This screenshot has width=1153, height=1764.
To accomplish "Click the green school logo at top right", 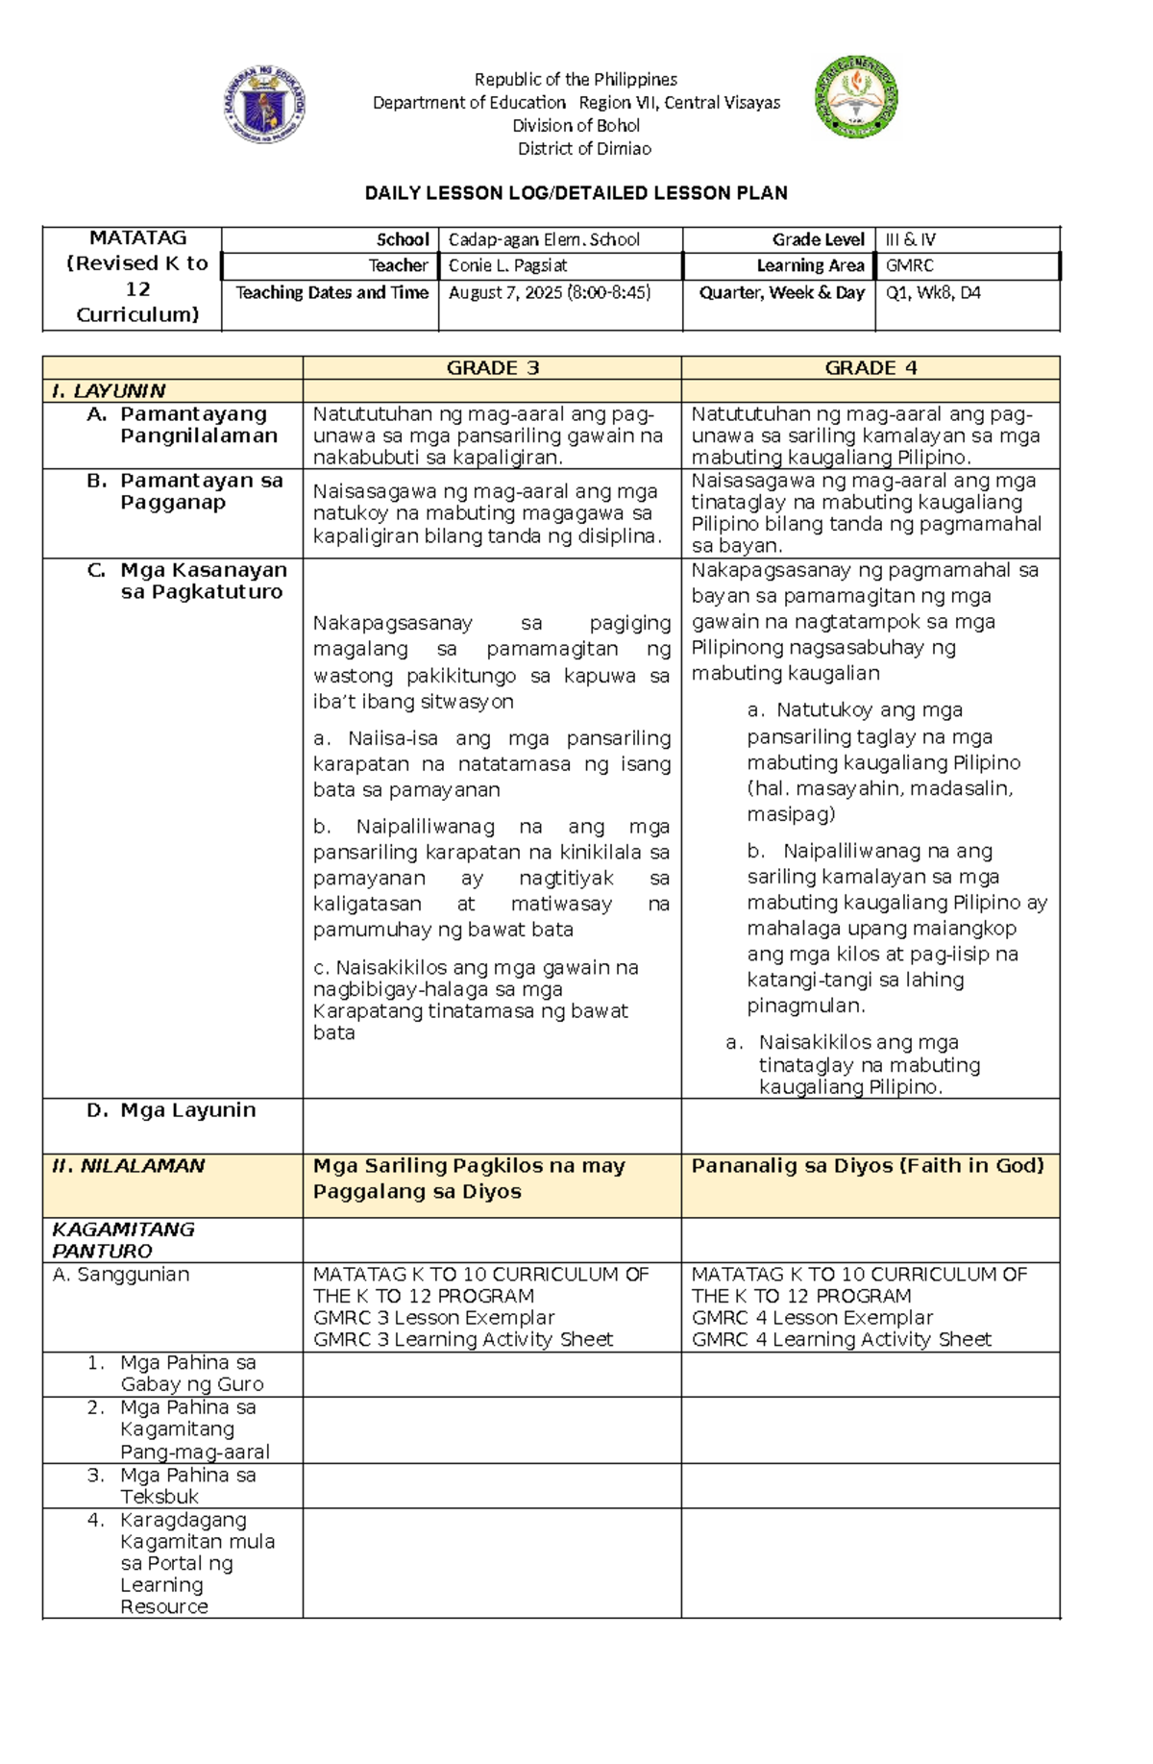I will (x=855, y=96).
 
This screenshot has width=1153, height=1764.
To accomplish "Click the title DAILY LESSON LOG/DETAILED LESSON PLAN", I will (x=576, y=193).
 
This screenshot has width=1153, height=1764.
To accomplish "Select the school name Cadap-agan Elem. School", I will (x=544, y=240).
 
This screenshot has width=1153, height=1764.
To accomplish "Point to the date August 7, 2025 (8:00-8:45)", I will (x=549, y=292).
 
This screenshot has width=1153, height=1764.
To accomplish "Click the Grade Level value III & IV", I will (x=910, y=240).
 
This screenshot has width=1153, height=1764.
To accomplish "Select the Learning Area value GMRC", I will (x=909, y=265).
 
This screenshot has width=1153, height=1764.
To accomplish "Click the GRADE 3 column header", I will (x=493, y=367).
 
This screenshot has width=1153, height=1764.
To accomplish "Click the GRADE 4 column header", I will (x=871, y=367).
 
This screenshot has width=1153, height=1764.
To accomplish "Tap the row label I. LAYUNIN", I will (x=109, y=390).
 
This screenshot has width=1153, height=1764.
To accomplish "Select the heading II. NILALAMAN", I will (x=129, y=1166).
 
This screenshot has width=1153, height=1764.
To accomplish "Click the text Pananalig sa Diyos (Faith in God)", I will (x=867, y=1166).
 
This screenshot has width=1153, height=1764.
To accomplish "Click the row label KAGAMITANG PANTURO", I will (x=123, y=1240).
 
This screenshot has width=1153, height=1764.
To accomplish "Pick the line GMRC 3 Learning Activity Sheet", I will (x=462, y=1339).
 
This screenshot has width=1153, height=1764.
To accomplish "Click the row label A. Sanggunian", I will (x=121, y=1275).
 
